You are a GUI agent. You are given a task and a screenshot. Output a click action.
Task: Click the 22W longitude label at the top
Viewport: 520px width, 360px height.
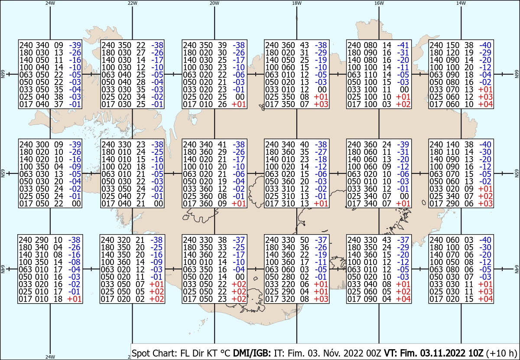click(132, 3)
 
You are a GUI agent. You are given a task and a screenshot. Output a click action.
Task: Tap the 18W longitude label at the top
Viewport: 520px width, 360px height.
click(297, 3)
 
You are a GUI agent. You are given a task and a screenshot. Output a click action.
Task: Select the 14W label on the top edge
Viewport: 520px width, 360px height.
click(461, 3)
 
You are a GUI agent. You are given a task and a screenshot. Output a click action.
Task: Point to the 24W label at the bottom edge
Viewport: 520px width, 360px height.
click(50, 357)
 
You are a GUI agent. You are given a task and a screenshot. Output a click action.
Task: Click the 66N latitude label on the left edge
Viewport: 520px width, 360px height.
click(3, 74)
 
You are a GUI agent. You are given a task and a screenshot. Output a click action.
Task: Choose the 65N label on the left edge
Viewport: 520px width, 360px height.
click(3, 173)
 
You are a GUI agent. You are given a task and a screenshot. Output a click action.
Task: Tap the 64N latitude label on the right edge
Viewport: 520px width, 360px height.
click(517, 269)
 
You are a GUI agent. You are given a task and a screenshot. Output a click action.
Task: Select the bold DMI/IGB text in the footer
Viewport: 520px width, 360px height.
click(252, 353)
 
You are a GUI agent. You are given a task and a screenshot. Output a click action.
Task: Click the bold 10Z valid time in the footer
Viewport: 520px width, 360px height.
click(475, 353)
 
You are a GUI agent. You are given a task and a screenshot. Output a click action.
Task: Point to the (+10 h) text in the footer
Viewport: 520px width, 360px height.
click(501, 353)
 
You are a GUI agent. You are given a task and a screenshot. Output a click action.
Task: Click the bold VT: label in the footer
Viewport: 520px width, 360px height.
click(391, 353)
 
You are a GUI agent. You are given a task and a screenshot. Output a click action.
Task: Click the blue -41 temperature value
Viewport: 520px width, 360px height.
click(403, 45)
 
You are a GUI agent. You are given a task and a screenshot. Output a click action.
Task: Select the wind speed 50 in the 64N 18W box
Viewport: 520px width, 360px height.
click(304, 240)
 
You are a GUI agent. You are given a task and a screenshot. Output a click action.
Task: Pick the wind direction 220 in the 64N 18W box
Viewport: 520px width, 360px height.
click(288, 284)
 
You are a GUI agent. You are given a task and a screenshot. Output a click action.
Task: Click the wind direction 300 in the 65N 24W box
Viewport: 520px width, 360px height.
click(42, 144)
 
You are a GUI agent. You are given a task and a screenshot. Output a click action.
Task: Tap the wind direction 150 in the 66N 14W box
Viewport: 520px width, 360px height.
click(452, 45)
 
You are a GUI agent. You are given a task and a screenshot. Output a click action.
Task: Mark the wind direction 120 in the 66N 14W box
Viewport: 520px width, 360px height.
click(452, 52)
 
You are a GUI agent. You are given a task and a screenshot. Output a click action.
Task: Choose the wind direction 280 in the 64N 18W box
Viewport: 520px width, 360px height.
click(288, 277)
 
